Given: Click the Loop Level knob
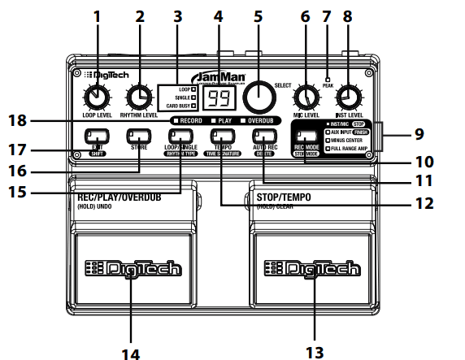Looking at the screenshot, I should click(x=96, y=98).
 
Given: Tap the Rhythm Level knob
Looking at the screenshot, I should click(x=141, y=98).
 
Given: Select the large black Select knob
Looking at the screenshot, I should click(x=259, y=97).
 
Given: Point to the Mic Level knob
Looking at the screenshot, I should click(x=306, y=98).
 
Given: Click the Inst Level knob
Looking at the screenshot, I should click(x=348, y=98).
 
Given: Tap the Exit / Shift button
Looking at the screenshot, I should click(x=96, y=136).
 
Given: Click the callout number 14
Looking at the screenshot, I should click(x=131, y=352).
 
